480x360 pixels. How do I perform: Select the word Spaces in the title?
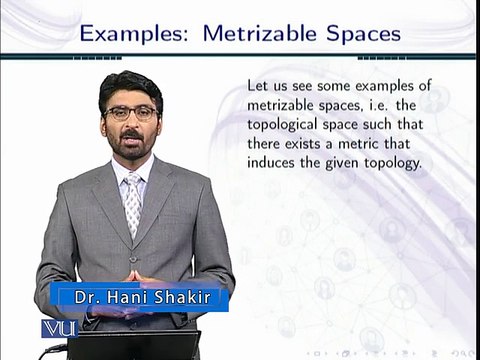[x=364, y=34]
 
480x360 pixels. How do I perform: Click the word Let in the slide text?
[x=257, y=86]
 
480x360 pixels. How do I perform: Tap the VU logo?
[x=60, y=329]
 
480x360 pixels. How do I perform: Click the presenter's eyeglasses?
[x=131, y=113]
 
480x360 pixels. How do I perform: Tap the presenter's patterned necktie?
[x=133, y=204]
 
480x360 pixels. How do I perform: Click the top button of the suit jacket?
[x=133, y=259]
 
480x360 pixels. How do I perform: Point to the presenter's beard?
[x=132, y=147]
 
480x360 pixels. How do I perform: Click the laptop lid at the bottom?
[x=133, y=345]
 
